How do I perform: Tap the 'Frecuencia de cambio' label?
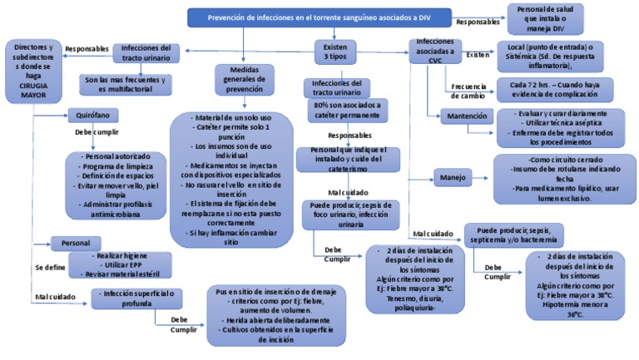pos(469,91)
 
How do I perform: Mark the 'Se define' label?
pos(50,268)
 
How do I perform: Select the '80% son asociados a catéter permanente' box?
pos(347,110)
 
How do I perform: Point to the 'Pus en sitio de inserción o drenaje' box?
pos(275,320)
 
